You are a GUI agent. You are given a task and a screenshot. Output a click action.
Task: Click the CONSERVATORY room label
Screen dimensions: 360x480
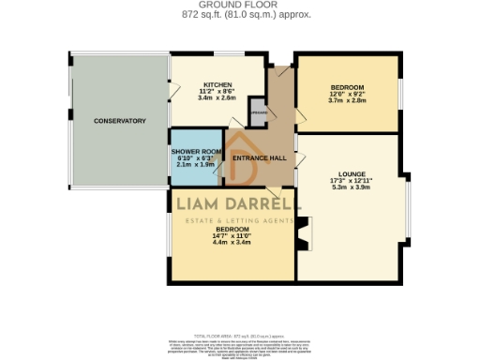tap(119, 121)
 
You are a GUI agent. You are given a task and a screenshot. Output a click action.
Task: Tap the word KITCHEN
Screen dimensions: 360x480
tap(217, 83)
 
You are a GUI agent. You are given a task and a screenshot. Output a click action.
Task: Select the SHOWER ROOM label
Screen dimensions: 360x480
tap(197, 152)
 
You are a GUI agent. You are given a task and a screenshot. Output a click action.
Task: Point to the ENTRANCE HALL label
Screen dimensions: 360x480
tap(260, 158)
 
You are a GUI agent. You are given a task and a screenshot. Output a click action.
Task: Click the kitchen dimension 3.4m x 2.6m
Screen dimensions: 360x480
tap(217, 97)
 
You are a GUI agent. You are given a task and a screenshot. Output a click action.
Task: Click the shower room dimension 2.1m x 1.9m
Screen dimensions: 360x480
tap(197, 165)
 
